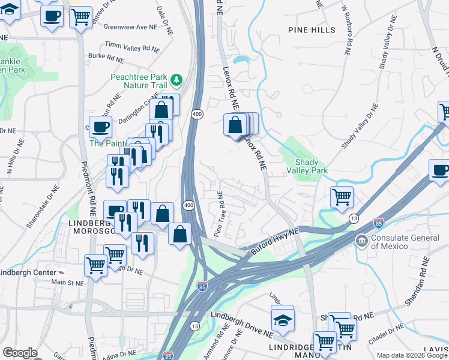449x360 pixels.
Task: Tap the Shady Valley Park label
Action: coord(311,166)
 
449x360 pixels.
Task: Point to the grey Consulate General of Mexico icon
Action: coord(362,241)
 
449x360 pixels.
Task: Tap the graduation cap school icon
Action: coord(283,321)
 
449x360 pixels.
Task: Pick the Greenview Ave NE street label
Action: coord(130,27)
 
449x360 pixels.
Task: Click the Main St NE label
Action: coord(67,281)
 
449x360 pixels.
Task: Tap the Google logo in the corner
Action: coord(20,353)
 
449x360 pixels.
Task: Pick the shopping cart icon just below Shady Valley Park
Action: coord(342,196)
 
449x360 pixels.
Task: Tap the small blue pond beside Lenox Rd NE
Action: coord(241,60)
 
